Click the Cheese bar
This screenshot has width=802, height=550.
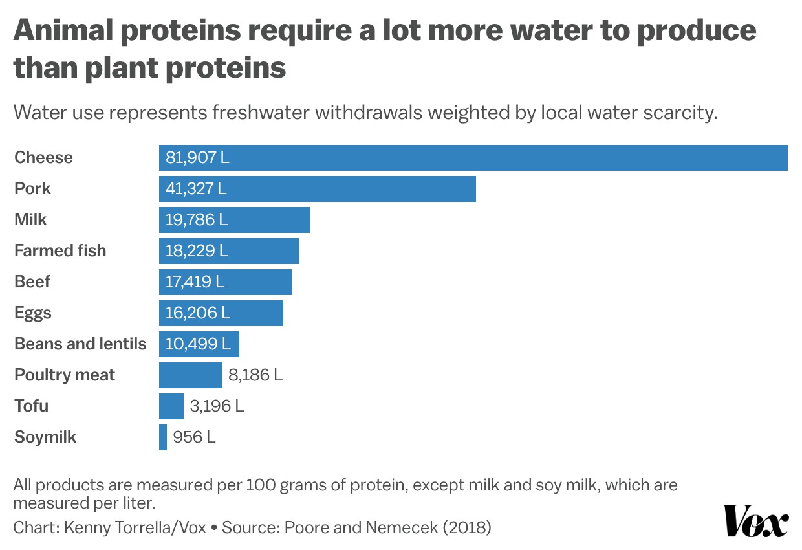pyautogui.click(x=472, y=158)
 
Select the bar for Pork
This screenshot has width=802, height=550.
pyautogui.click(x=317, y=189)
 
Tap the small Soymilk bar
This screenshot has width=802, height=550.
pyautogui.click(x=163, y=437)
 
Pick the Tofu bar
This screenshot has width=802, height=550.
pyautogui.click(x=171, y=406)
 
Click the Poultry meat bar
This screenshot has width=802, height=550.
pyautogui.click(x=190, y=375)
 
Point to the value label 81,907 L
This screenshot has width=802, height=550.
pyautogui.click(x=197, y=158)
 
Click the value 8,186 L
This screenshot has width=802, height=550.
pyautogui.click(x=255, y=375)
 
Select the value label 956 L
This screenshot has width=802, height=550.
pyautogui.click(x=195, y=437)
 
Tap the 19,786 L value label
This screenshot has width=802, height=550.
pyautogui.click(x=197, y=220)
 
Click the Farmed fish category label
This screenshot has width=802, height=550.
pyautogui.click(x=60, y=251)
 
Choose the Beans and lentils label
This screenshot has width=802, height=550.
pyautogui.click(x=80, y=344)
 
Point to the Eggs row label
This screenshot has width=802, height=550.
pyautogui.click(x=33, y=313)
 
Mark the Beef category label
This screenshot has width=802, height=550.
pyautogui.click(x=32, y=282)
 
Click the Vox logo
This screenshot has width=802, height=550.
pyautogui.click(x=755, y=521)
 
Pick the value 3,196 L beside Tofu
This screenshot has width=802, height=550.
pyautogui.click(x=217, y=406)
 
